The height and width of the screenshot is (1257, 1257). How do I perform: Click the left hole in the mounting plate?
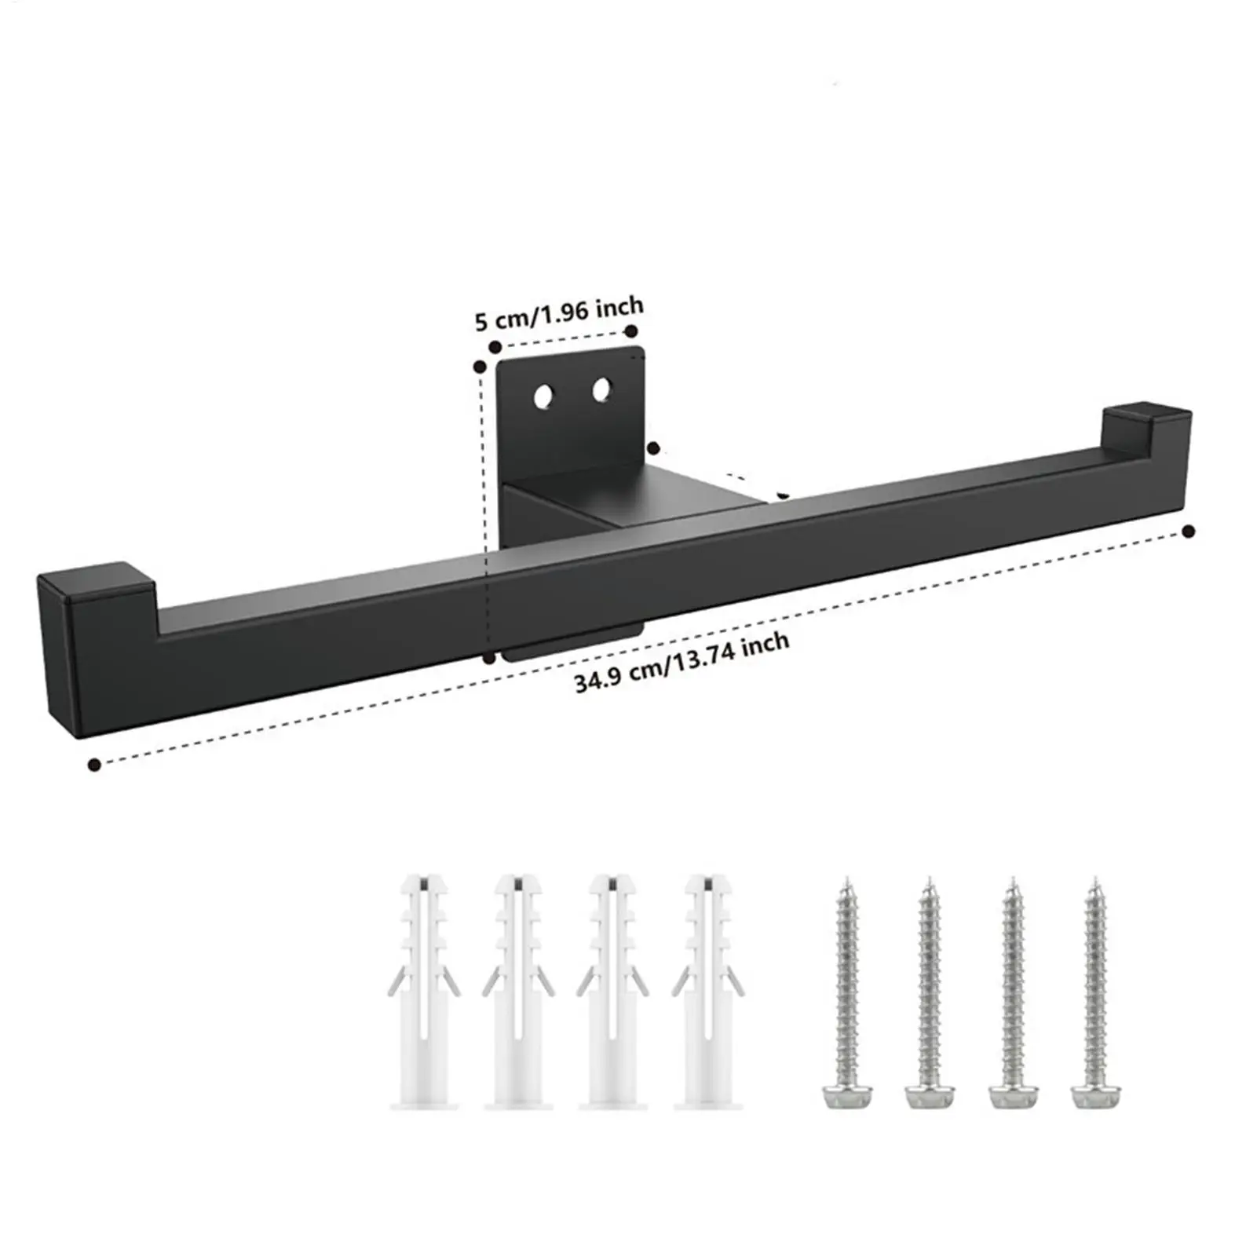pyautogui.click(x=542, y=397)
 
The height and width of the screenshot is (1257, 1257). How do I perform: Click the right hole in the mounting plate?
pyautogui.click(x=602, y=389)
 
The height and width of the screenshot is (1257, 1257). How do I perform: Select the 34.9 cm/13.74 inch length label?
pyautogui.click(x=681, y=664)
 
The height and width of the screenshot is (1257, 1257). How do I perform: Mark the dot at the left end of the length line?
pyautogui.click(x=95, y=764)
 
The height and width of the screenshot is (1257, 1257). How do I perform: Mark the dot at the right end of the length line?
pyautogui.click(x=1189, y=532)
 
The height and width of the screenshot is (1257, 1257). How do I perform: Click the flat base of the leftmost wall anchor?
pyautogui.click(x=424, y=1102)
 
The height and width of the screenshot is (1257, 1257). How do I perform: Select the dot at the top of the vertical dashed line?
pyautogui.click(x=479, y=366)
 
